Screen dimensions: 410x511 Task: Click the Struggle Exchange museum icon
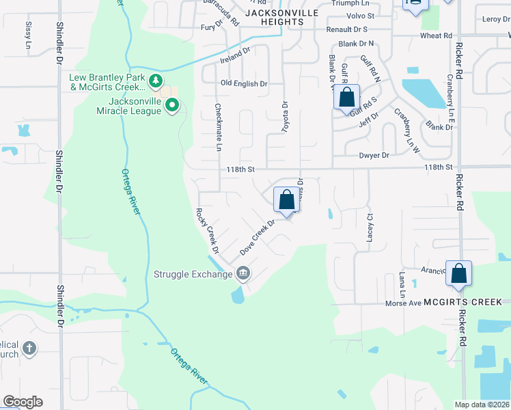(243, 275)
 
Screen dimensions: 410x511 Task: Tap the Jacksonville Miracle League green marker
(172, 105)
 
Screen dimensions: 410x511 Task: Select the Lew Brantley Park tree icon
(156, 81)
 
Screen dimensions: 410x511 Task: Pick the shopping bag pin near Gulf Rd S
(347, 98)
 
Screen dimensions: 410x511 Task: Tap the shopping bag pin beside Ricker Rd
(459, 273)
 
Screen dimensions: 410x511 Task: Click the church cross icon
(29, 348)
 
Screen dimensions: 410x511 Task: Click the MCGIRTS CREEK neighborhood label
(462, 302)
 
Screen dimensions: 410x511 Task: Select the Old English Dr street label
(244, 84)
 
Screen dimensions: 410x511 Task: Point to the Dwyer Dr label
(374, 156)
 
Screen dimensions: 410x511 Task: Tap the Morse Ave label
(402, 303)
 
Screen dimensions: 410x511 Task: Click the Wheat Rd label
(437, 36)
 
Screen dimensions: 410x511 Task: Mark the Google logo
(23, 402)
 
